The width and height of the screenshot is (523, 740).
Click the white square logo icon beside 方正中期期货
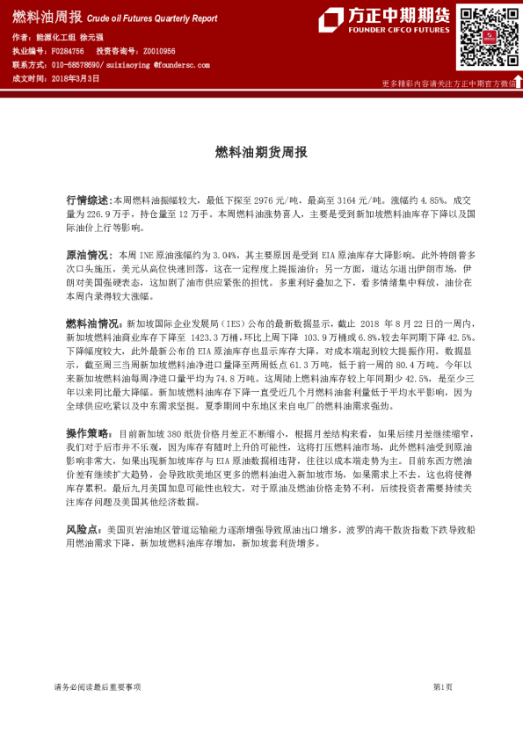(x=331, y=19)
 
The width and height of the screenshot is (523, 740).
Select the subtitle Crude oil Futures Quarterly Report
(x=152, y=17)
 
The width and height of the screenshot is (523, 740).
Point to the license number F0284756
(x=66, y=52)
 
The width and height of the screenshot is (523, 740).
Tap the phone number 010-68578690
(x=76, y=65)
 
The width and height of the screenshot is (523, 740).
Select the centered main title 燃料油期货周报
(x=261, y=152)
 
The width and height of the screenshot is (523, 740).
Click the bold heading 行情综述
(x=88, y=200)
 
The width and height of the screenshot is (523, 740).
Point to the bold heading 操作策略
(x=88, y=433)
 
